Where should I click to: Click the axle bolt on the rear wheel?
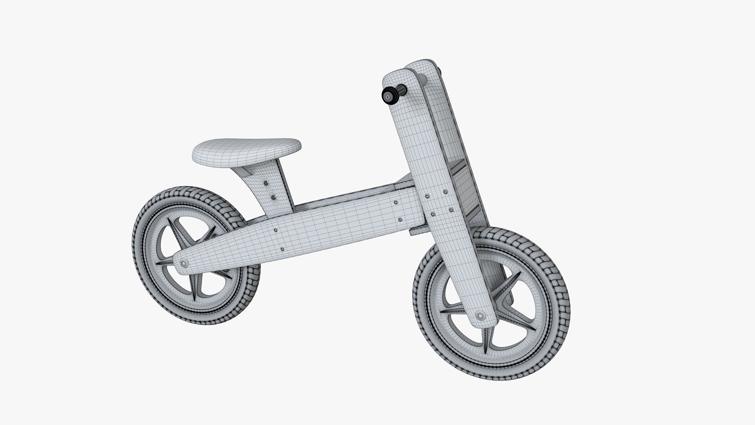pos(183,263)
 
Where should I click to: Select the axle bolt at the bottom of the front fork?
pos(480,316)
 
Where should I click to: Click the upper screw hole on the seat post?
pos(265,183)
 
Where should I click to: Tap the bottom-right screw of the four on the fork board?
pos(451,210)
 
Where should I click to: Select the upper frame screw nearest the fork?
pos(396,202)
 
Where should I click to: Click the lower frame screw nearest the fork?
pos(400,220)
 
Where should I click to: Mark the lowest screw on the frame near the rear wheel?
pos(282,249)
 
